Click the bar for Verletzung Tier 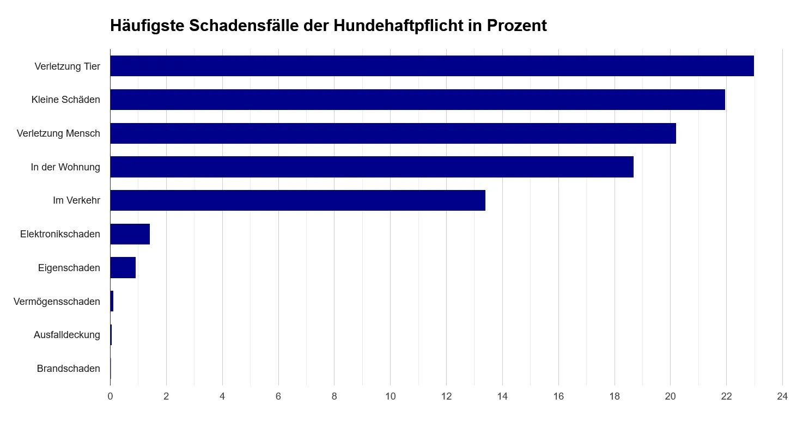point(431,66)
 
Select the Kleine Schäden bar point(417,100)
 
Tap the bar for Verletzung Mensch point(393,133)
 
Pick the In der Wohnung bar point(372,167)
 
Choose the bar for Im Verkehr point(297,200)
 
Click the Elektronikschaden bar point(130,234)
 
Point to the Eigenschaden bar point(123,268)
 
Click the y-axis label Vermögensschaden point(57,302)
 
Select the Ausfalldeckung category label point(66,335)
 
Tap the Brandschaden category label point(68,369)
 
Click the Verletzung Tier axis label point(67,66)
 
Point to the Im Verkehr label point(76,200)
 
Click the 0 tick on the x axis point(110,396)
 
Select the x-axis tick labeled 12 point(446,396)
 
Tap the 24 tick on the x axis point(782,396)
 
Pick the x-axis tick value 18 point(615,396)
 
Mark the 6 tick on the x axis point(278,396)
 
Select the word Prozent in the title point(516,26)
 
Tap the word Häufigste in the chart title point(148,26)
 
